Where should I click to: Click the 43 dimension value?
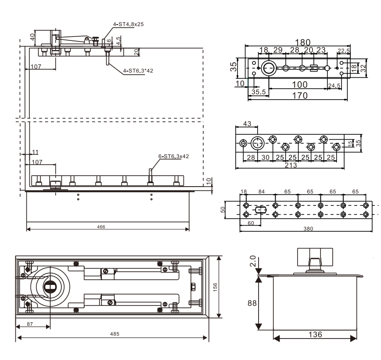tap(247, 124)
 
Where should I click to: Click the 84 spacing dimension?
tap(261, 192)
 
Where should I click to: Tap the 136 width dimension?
tap(315, 335)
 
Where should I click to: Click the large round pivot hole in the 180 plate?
tap(268, 68)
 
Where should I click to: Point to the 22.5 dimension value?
tap(343, 51)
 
